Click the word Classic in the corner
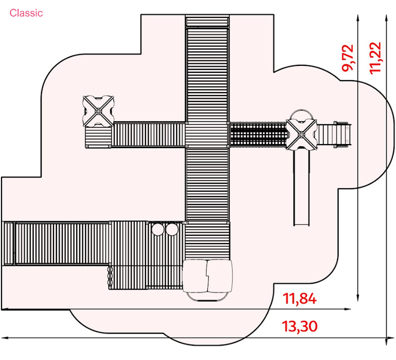[x=26, y=13]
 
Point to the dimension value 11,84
[x=299, y=299]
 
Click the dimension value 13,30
[x=299, y=327]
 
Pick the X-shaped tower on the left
[x=99, y=111]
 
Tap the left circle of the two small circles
[x=158, y=229]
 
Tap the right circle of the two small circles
[x=171, y=229]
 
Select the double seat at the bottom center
[x=208, y=277]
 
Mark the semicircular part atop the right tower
[x=300, y=115]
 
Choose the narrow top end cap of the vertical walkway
[x=207, y=22]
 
